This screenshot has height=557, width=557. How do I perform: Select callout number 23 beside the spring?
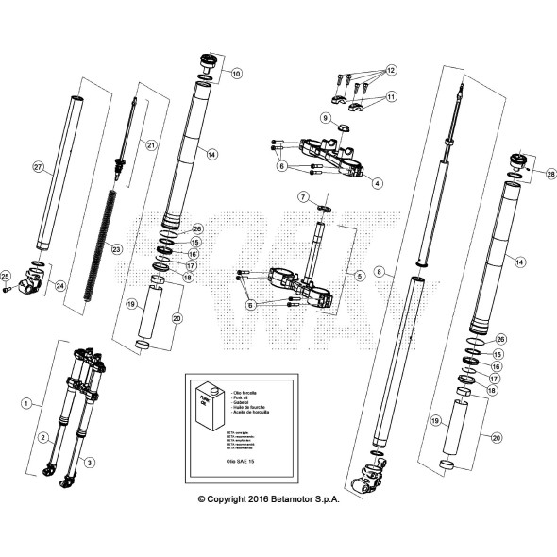[117, 249]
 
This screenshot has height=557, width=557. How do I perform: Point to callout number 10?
[236, 73]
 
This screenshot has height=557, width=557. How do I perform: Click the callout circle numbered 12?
[392, 70]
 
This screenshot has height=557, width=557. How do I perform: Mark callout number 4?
[377, 183]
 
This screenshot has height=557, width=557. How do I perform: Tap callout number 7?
[302, 196]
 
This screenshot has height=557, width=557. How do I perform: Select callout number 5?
[358, 276]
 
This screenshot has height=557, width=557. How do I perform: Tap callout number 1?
[25, 402]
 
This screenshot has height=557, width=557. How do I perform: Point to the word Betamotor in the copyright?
[293, 499]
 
